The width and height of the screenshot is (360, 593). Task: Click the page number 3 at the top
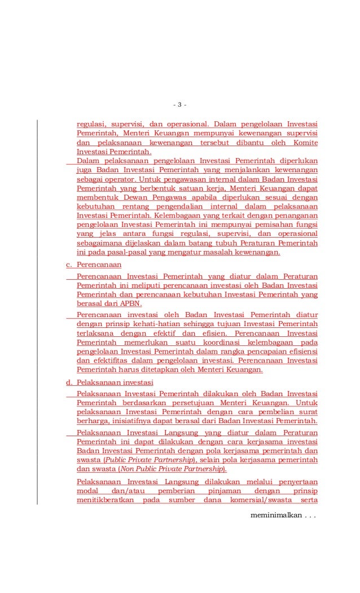179,105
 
